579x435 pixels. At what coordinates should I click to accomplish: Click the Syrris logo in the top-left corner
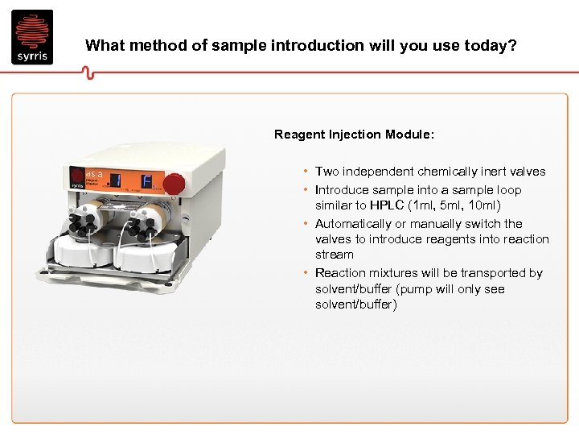32,37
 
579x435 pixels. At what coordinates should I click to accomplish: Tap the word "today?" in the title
490,45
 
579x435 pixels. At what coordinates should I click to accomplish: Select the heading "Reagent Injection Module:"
354,135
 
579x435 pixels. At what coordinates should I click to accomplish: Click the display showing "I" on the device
117,180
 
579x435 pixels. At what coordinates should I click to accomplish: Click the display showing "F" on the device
147,180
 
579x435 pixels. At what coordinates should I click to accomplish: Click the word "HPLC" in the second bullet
387,205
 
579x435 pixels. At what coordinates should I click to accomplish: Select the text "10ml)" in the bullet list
483,205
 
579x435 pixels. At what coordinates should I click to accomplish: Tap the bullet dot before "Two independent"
306,172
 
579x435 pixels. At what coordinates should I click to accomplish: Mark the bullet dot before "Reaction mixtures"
306,273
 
